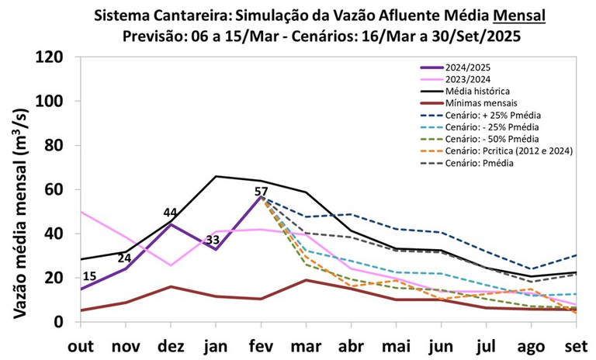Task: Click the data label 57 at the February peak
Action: click(x=261, y=192)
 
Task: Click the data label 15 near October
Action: click(x=89, y=277)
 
